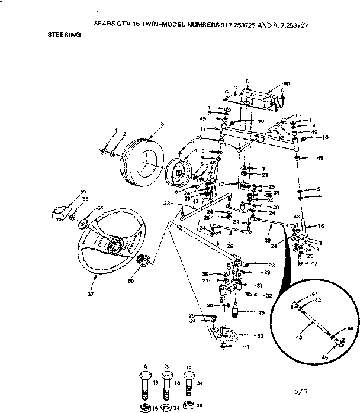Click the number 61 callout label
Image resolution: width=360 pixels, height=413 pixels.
point(100,208)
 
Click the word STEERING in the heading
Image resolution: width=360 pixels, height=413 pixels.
point(64,35)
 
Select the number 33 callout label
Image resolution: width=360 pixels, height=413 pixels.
point(260,335)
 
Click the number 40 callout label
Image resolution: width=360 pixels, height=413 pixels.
point(287,84)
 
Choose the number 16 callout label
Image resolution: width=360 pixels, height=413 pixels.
point(321,226)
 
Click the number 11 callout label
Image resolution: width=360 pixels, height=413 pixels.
point(202,128)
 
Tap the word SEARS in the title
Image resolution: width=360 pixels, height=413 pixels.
point(105,26)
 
